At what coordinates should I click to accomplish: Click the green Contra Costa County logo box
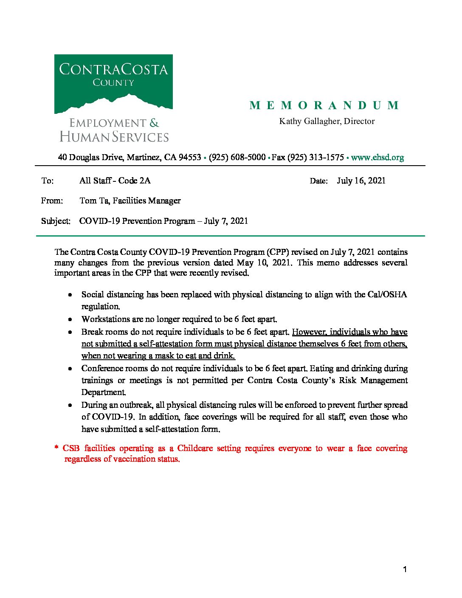point(113,84)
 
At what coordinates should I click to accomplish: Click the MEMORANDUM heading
point(324,105)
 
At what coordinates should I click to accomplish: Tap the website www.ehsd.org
point(377,158)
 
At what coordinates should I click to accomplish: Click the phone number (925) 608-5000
point(237,158)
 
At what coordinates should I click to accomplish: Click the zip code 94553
point(189,158)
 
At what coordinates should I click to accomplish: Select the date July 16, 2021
point(361,181)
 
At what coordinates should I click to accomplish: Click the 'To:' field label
point(48,181)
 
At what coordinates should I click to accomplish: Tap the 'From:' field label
point(52,201)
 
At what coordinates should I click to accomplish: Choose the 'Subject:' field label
point(56,221)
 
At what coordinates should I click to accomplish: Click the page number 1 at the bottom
point(405,570)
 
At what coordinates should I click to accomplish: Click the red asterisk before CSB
point(56,448)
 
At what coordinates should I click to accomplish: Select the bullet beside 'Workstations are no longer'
point(70,319)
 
